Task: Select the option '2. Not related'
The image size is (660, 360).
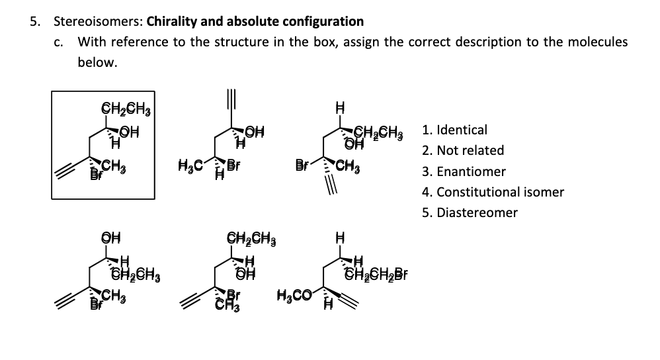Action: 462,150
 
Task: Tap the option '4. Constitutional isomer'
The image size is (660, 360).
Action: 492,192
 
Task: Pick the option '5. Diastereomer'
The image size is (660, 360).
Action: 469,212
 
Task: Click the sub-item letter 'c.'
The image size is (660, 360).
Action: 58,42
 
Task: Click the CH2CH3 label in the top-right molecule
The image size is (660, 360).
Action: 383,130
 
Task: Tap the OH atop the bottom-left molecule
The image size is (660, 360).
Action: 109,237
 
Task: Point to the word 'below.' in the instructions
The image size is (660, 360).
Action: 97,63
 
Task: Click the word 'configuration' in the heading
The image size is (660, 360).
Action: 325,21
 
